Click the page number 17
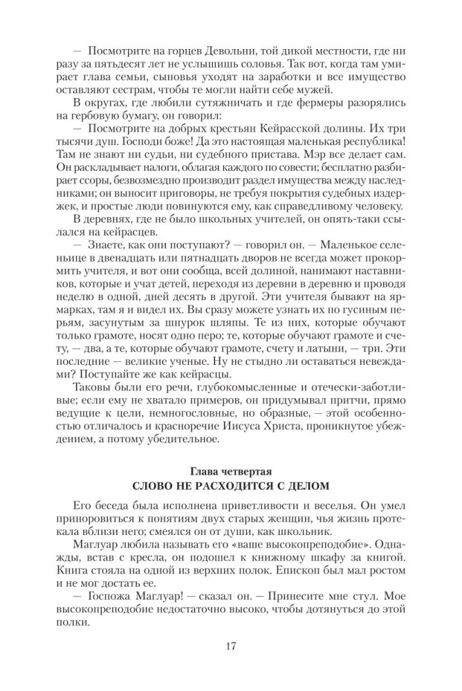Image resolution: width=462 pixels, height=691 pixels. point(231,646)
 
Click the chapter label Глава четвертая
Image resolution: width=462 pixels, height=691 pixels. point(230,472)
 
